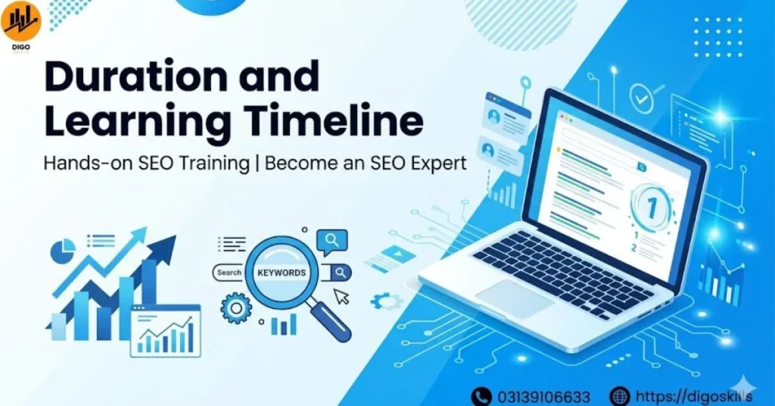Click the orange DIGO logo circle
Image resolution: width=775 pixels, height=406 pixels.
pyautogui.click(x=21, y=21)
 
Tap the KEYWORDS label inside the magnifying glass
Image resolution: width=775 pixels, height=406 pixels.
pyautogui.click(x=282, y=273)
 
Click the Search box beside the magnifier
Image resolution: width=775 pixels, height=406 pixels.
pyautogui.click(x=229, y=273)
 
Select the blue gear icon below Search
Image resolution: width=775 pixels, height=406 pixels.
pyautogui.click(x=235, y=308)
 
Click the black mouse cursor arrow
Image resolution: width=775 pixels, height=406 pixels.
pyautogui.click(x=342, y=297)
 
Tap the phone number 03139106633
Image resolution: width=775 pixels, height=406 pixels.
pyautogui.click(x=543, y=396)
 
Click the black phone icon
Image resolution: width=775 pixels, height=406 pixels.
pyautogui.click(x=481, y=396)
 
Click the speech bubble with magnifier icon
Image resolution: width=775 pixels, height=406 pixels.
pyautogui.click(x=332, y=241)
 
